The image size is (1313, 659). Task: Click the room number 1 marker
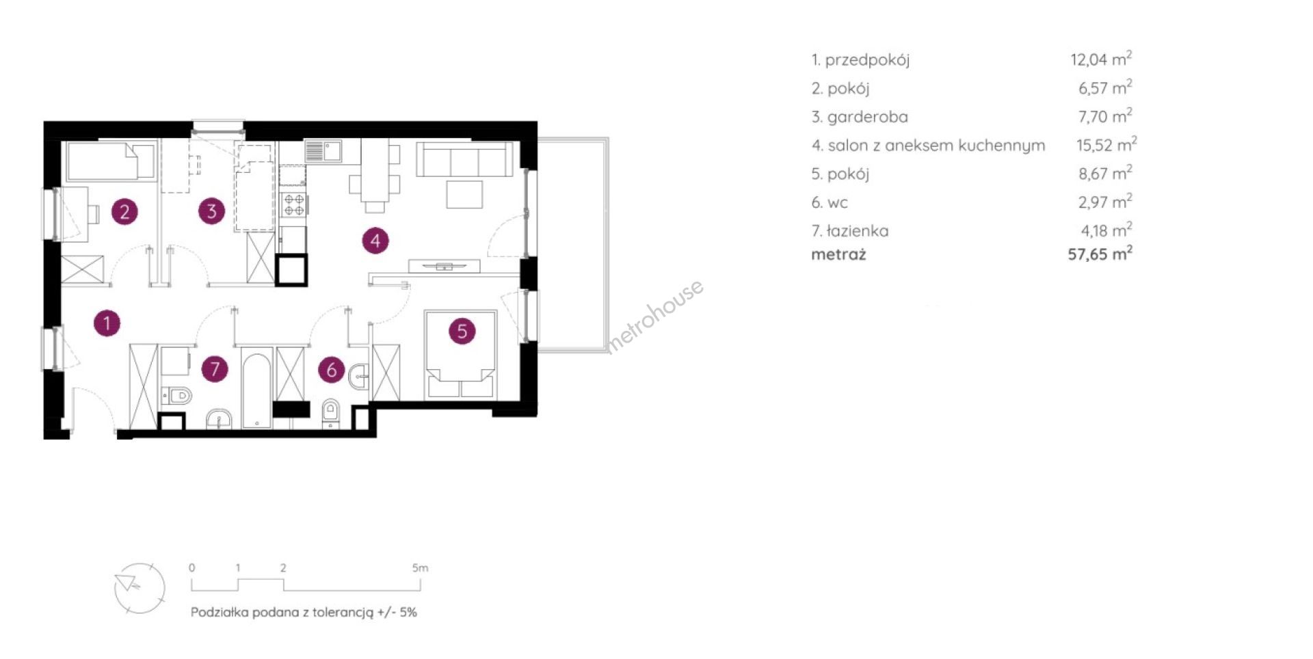[107, 323]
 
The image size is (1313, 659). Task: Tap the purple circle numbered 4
[375, 241]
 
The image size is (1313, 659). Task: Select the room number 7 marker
[215, 368]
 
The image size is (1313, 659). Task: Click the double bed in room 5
[460, 355]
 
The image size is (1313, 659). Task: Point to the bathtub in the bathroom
[257, 388]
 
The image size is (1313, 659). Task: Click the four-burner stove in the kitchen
[294, 204]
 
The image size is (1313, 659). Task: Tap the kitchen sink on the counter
[323, 150]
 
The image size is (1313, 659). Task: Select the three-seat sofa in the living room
[465, 159]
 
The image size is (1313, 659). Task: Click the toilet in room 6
[331, 412]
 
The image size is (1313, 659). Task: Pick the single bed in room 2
[111, 161]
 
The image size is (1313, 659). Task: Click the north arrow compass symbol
[140, 588]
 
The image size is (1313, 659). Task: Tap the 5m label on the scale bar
[420, 568]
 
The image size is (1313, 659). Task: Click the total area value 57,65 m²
[1100, 254]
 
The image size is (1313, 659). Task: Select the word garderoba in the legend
[868, 117]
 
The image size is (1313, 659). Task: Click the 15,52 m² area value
[1106, 145]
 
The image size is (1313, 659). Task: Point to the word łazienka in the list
[858, 231]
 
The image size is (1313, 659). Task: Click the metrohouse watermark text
[654, 316]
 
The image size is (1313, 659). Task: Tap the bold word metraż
[838, 254]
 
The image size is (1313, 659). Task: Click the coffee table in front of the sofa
[465, 194]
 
